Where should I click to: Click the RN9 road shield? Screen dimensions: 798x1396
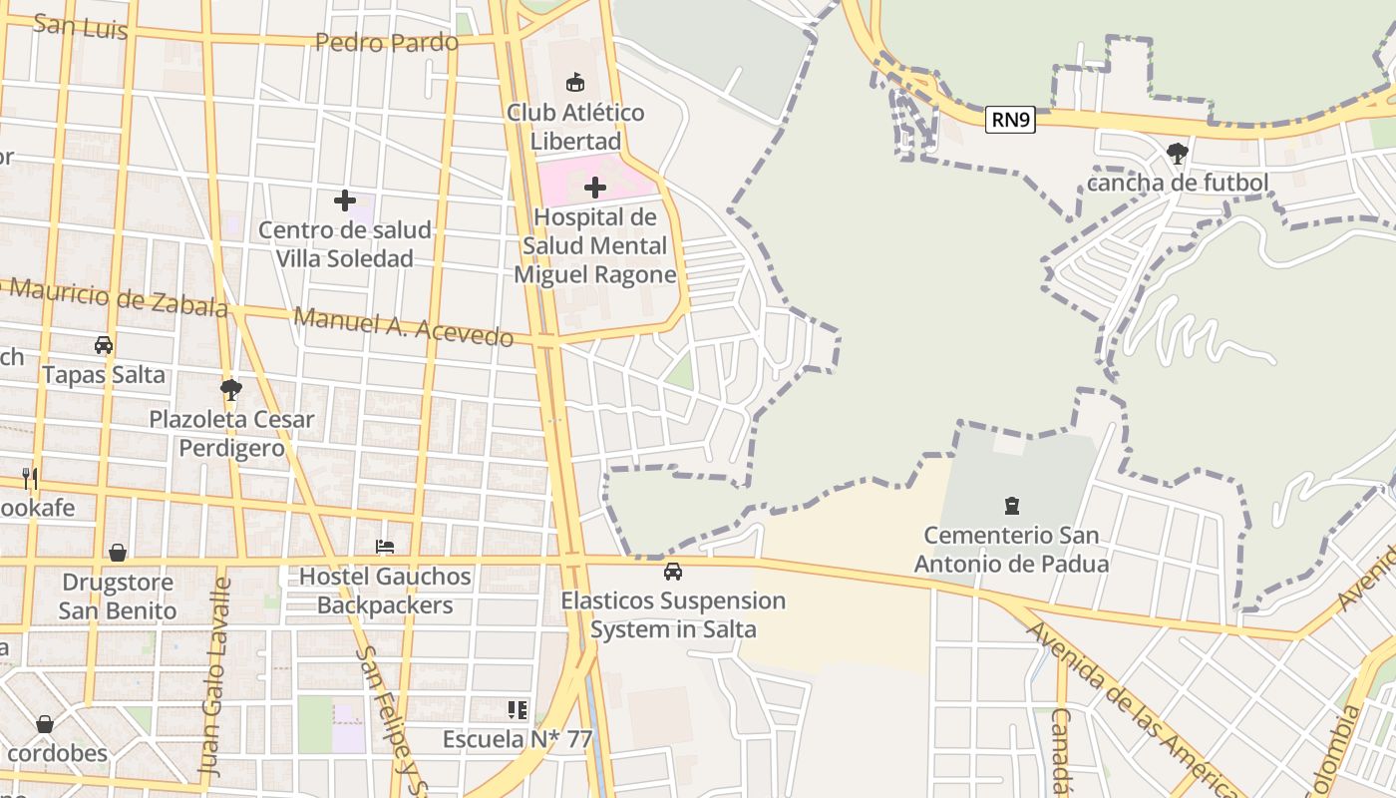pyautogui.click(x=1010, y=121)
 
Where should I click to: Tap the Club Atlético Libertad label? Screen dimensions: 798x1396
pyautogui.click(x=575, y=126)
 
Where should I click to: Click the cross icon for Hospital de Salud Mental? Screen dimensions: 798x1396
pyautogui.click(x=595, y=187)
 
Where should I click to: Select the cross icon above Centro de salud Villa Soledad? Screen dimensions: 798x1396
pyautogui.click(x=345, y=200)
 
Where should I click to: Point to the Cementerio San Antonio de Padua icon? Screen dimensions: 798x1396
pyautogui.click(x=1012, y=506)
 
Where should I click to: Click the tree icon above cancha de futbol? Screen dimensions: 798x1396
pyautogui.click(x=1178, y=153)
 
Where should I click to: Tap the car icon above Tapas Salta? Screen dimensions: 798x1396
pyautogui.click(x=104, y=345)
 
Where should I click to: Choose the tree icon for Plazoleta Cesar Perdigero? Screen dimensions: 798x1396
pyautogui.click(x=231, y=389)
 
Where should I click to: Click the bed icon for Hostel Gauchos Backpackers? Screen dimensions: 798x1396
pyautogui.click(x=385, y=546)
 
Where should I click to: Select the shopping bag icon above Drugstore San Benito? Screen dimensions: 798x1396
pyautogui.click(x=118, y=552)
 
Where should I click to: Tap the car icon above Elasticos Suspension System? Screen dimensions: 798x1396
pyautogui.click(x=673, y=572)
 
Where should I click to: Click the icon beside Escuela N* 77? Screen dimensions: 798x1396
pyautogui.click(x=518, y=710)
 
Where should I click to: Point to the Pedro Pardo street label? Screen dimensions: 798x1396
pyautogui.click(x=387, y=42)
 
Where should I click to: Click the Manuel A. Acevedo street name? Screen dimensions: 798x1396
pyautogui.click(x=404, y=327)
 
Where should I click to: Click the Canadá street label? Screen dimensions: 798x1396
pyautogui.click(x=1060, y=750)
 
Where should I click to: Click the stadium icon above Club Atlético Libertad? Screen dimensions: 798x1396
pyautogui.click(x=575, y=82)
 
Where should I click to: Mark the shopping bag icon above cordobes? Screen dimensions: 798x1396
pyautogui.click(x=45, y=723)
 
